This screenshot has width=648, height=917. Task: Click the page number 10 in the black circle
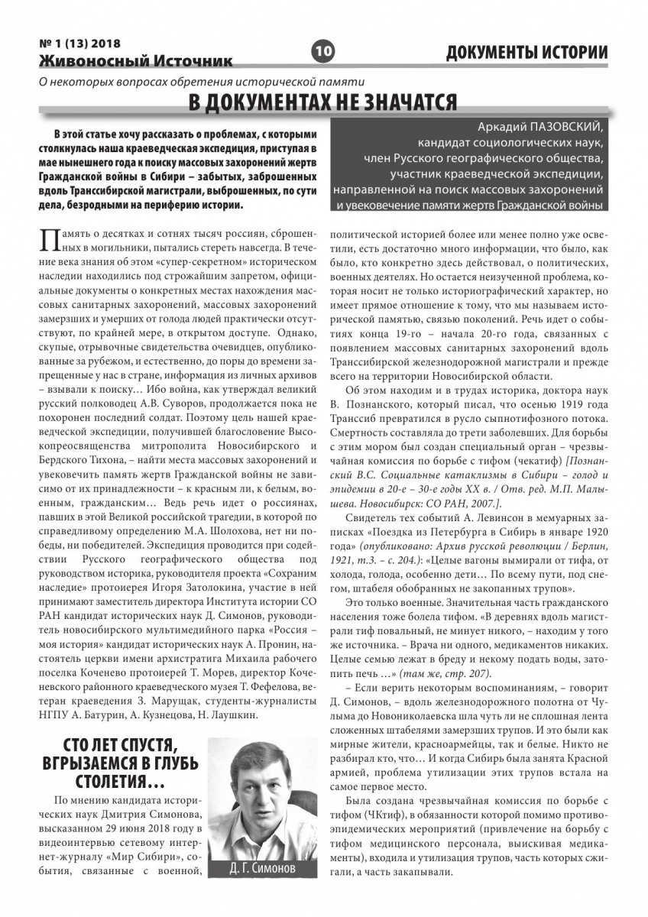(x=323, y=52)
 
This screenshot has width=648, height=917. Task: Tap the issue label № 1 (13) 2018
(x=79, y=44)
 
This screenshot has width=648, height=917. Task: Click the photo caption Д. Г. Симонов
(x=261, y=870)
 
